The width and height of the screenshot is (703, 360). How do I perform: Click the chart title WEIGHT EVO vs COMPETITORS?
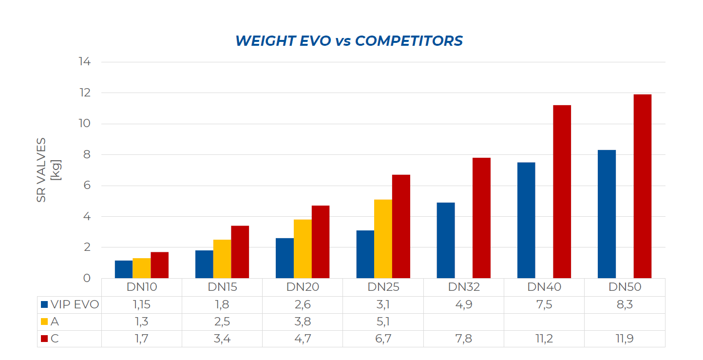[349, 41]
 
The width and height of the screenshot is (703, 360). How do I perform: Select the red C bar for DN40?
[562, 191]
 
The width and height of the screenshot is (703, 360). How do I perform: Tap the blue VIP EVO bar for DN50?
[607, 214]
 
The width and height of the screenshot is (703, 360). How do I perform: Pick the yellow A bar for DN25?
[383, 239]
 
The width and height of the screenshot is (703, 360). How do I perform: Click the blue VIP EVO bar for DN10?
[124, 269]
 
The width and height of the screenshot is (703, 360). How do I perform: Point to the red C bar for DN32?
[481, 218]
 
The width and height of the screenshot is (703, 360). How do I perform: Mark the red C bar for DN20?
[321, 242]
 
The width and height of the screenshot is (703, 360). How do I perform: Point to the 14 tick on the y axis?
[84, 62]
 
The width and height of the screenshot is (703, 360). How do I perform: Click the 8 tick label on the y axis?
[86, 154]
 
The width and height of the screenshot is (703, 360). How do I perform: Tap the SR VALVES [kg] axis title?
[49, 170]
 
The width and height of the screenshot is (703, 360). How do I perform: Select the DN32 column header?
[464, 287]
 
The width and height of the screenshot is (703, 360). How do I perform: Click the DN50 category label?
[625, 287]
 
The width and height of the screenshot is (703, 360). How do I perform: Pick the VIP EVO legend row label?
[75, 305]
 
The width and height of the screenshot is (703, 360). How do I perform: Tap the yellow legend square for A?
[44, 322]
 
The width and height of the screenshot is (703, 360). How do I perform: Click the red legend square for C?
[44, 339]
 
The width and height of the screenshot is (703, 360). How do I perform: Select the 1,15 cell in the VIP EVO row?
[141, 305]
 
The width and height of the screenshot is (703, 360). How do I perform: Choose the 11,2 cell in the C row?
[544, 339]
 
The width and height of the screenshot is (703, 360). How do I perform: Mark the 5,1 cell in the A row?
[383, 322]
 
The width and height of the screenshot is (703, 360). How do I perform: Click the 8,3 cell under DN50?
[625, 305]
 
